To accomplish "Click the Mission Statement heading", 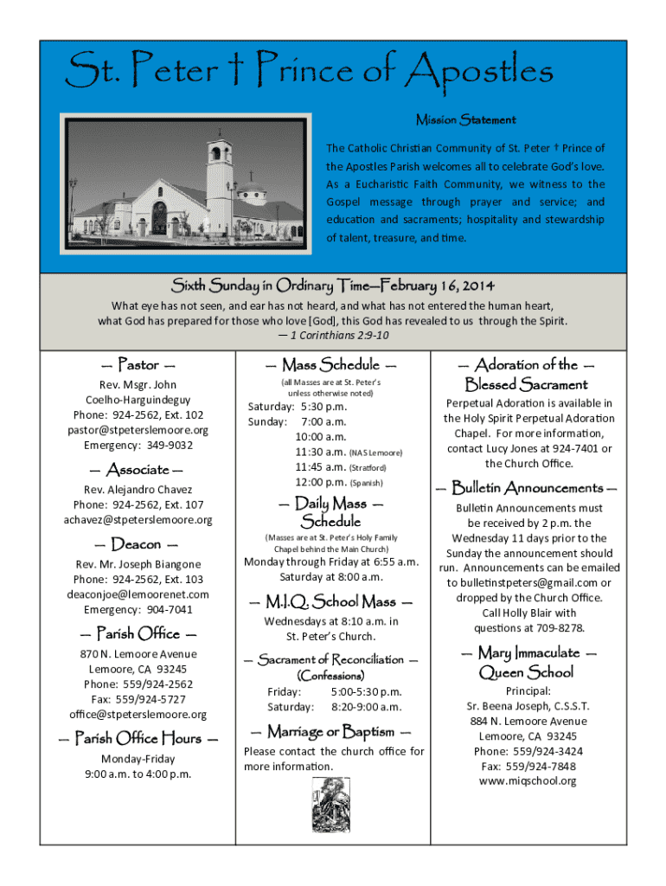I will click(465, 119).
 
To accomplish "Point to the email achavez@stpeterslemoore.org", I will click(138, 520).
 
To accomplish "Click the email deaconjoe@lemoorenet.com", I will click(138, 594).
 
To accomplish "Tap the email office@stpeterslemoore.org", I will click(138, 714).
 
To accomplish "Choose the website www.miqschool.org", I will click(527, 781).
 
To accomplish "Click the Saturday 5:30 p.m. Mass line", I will click(298, 407).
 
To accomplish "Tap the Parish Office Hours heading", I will click(138, 738).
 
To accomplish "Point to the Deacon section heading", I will click(138, 544).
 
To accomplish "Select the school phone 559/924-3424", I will click(528, 751).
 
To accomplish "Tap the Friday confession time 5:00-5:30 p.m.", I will click(366, 692).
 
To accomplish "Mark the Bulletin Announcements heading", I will click(528, 487).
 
